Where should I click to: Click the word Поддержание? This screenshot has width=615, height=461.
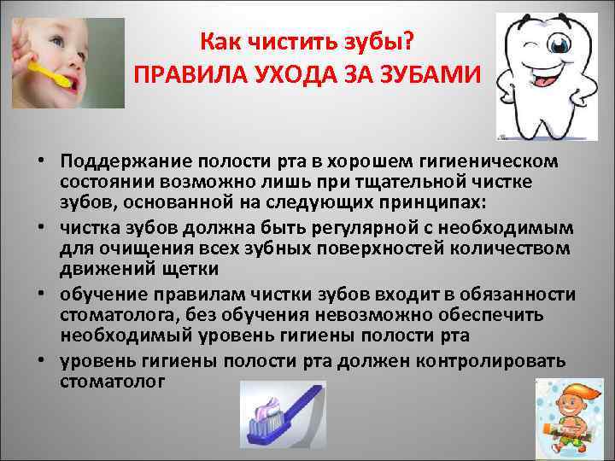pos(122,160)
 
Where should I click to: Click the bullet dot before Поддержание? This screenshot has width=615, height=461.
pos(41,161)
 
